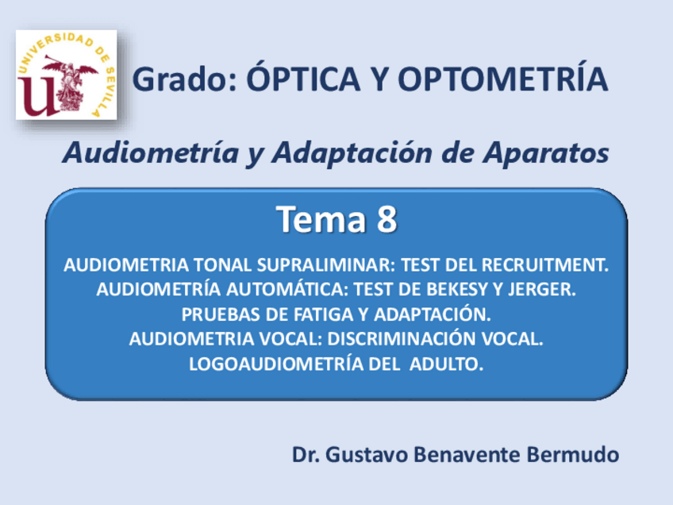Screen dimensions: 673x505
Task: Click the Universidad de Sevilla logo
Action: pyautogui.click(x=66, y=75)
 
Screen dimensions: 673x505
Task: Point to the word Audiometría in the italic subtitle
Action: pyautogui.click(x=151, y=153)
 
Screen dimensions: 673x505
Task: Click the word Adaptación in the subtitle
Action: pyautogui.click(x=352, y=154)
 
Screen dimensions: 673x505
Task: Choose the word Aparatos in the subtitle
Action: pyautogui.click(x=545, y=154)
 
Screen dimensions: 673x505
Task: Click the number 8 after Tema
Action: pyautogui.click(x=387, y=219)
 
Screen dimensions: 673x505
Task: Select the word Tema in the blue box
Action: pyautogui.click(x=321, y=219)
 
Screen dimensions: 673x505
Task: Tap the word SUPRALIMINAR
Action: pyautogui.click(x=325, y=265)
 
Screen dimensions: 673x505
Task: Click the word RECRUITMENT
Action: pyautogui.click(x=545, y=265)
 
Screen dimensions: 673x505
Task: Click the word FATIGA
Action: pyautogui.click(x=324, y=314)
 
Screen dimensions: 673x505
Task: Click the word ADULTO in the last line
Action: pyautogui.click(x=446, y=364)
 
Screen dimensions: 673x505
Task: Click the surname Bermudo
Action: pyautogui.click(x=572, y=454)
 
